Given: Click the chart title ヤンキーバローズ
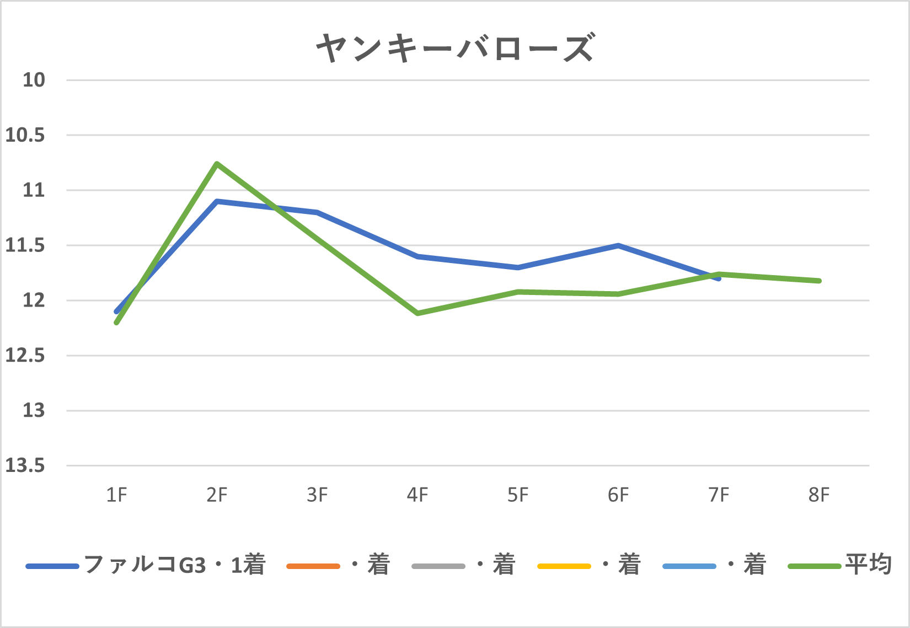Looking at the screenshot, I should coord(455,47).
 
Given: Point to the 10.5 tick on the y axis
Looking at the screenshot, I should coord(25,135).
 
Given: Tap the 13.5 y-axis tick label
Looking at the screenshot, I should coord(25,466).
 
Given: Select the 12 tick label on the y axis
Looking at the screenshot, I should coord(33,300).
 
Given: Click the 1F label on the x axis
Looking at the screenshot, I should coord(116,495).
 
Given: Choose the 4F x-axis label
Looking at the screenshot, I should coord(417,495).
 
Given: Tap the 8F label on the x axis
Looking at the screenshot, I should coord(819,495).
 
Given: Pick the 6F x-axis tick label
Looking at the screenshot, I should coord(618,495).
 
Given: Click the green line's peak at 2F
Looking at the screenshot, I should coord(217,164).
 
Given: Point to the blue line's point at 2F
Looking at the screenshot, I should coord(217,201).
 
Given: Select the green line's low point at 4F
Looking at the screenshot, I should coord(418,313).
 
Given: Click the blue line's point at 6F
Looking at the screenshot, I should coord(619,245).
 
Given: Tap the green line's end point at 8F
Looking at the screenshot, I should coord(820,281).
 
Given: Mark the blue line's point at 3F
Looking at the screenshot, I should coord(318,212).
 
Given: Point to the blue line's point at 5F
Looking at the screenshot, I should coord(518,267).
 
